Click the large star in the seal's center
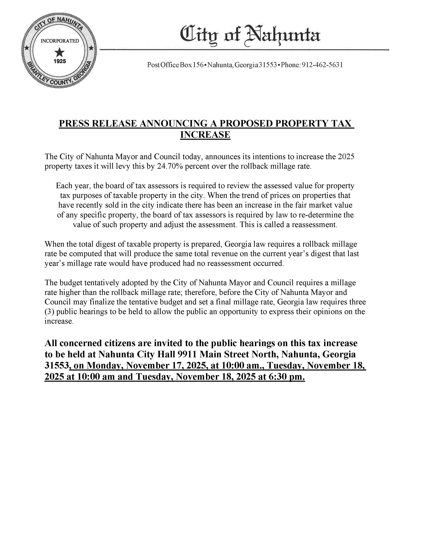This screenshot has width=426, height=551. point(60,52)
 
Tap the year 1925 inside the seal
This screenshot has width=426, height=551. point(60,61)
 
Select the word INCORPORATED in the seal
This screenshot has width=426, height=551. point(60,41)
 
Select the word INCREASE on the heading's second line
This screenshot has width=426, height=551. point(205,135)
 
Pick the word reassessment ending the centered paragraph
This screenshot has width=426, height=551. point(314,225)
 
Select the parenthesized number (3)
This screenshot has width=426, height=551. point(49,312)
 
